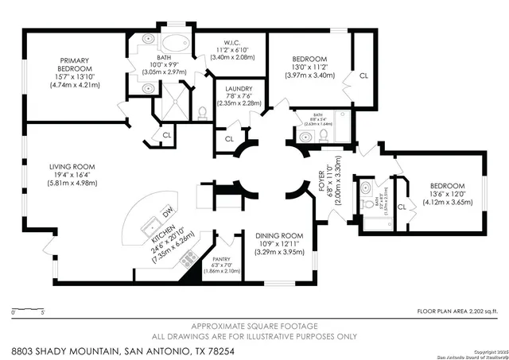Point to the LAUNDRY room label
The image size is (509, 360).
239,89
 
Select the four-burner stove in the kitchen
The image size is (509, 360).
189,258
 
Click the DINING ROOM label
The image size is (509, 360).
279,235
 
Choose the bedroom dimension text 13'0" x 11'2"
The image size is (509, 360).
308,68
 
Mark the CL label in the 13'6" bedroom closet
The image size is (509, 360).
402,207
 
